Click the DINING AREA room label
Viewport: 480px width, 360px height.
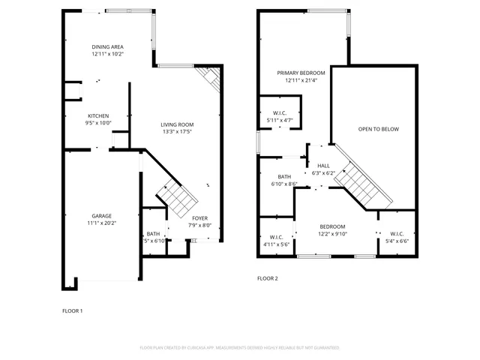point(108,46)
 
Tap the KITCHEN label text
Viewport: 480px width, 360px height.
point(98,116)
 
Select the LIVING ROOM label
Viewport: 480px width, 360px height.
point(177,124)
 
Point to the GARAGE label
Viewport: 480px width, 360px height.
point(102,215)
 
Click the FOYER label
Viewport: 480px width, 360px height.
point(200,217)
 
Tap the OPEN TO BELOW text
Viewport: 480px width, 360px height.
point(378,129)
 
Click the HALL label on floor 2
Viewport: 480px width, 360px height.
point(323,166)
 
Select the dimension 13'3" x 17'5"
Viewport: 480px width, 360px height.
point(177,132)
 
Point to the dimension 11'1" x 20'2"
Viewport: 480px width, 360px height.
point(102,223)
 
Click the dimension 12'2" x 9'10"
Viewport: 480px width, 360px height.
point(332,234)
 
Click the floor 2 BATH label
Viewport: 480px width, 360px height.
point(283,176)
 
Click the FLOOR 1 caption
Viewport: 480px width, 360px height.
point(72,310)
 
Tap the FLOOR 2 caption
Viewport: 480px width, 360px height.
point(268,278)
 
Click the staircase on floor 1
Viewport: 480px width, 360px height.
point(178,198)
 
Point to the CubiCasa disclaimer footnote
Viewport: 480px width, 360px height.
point(240,348)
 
